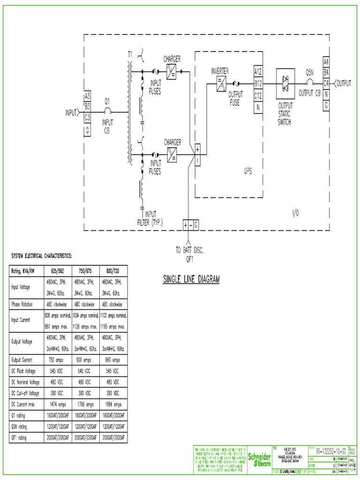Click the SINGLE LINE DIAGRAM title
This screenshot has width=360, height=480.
point(191,280)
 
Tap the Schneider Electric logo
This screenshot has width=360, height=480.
point(259,459)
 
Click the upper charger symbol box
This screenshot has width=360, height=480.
point(172,71)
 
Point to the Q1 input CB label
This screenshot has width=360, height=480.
point(107,101)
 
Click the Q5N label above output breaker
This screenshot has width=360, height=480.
point(310,73)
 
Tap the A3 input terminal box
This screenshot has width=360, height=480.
point(87,96)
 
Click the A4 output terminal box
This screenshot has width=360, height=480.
point(326,62)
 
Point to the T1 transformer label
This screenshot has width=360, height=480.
point(130,54)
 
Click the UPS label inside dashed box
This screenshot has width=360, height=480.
point(247,171)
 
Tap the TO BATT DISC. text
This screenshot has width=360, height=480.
point(189,250)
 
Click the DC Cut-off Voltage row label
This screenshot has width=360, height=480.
point(25,393)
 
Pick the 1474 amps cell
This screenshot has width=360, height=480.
point(56,404)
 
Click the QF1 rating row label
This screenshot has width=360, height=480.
point(19,438)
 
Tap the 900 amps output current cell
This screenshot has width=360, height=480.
point(84,360)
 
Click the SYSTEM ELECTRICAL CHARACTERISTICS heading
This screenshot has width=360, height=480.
point(42,256)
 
